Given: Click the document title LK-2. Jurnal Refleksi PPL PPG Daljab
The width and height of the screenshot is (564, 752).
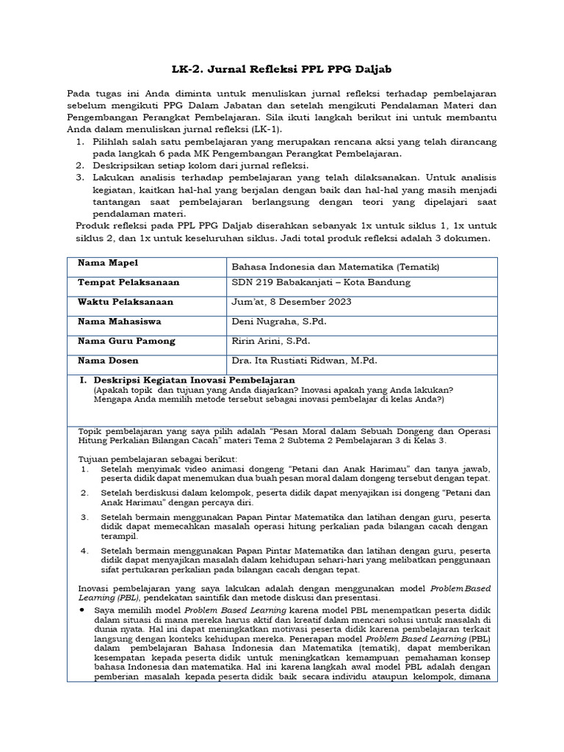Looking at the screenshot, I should [x=282, y=69].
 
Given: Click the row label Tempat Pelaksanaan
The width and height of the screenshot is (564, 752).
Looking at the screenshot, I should [x=129, y=283].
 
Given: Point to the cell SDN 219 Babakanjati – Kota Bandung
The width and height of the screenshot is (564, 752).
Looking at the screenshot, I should [x=321, y=283].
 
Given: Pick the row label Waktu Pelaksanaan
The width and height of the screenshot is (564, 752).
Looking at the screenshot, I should [x=126, y=302].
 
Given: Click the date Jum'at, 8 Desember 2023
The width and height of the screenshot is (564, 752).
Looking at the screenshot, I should [x=292, y=302].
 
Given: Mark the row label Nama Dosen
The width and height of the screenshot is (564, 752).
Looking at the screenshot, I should [x=108, y=361].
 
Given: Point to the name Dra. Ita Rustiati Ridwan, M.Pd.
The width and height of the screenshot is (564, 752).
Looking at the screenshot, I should [x=306, y=361].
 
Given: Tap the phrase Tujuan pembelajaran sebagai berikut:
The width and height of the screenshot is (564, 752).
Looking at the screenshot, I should [x=134, y=458].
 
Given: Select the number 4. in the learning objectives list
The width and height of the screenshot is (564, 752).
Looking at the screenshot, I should [x=84, y=550].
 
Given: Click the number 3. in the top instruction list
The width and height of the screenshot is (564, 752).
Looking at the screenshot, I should [x=81, y=178].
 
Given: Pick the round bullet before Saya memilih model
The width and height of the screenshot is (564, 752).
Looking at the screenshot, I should [x=80, y=610].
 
